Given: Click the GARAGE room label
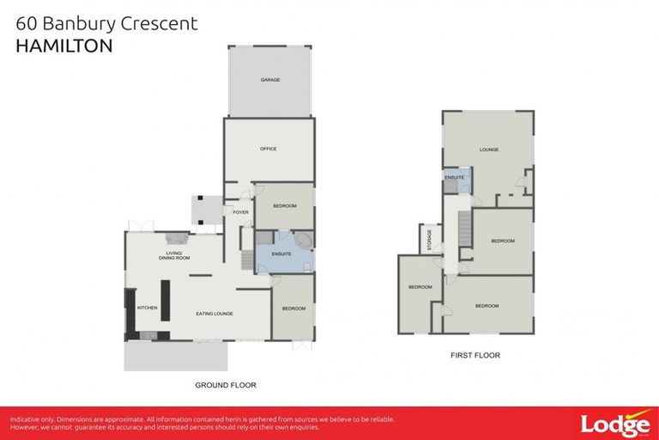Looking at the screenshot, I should pos(270,80).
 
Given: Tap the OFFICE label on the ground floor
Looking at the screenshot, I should pos(268,150).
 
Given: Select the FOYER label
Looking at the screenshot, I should pos(240,212).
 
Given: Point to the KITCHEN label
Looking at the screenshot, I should pos(148,307).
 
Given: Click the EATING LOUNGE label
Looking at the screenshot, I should pos(215,314).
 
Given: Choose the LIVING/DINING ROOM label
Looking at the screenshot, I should pos(174,256).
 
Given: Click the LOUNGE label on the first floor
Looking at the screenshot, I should pos(489,150).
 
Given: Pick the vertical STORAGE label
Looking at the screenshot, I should pos(429,241).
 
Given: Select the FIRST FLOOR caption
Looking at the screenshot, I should pos(475,355).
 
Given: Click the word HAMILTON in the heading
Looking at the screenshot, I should pos(63,46).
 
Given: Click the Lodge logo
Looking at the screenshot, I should pos(614,425).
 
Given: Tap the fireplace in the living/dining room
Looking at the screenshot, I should pos(177,240).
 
